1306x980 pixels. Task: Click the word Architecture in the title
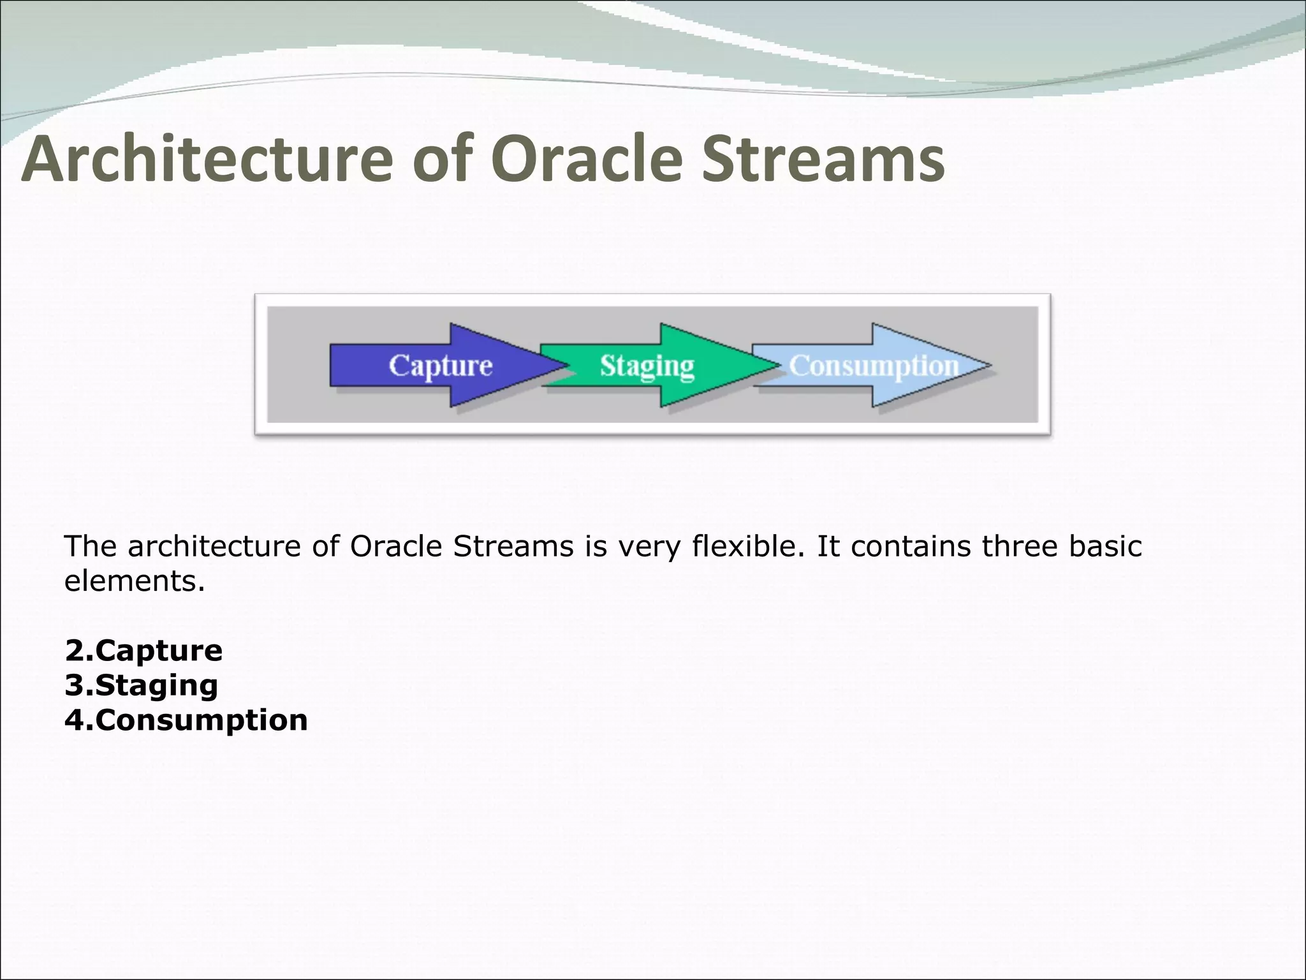pyautogui.click(x=207, y=160)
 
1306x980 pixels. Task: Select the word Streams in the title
pyautogui.click(x=823, y=160)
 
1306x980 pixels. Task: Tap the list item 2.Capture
pyautogui.click(x=143, y=651)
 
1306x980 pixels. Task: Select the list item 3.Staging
pyautogui.click(x=141, y=685)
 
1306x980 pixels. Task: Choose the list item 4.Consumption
pyautogui.click(x=186, y=720)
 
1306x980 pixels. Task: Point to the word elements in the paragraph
pyautogui.click(x=134, y=581)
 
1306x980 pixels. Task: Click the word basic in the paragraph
pyautogui.click(x=1105, y=547)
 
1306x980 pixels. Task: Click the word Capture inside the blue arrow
pyautogui.click(x=441, y=366)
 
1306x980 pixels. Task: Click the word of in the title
pyautogui.click(x=443, y=160)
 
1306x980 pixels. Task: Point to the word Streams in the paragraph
pyautogui.click(x=513, y=547)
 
